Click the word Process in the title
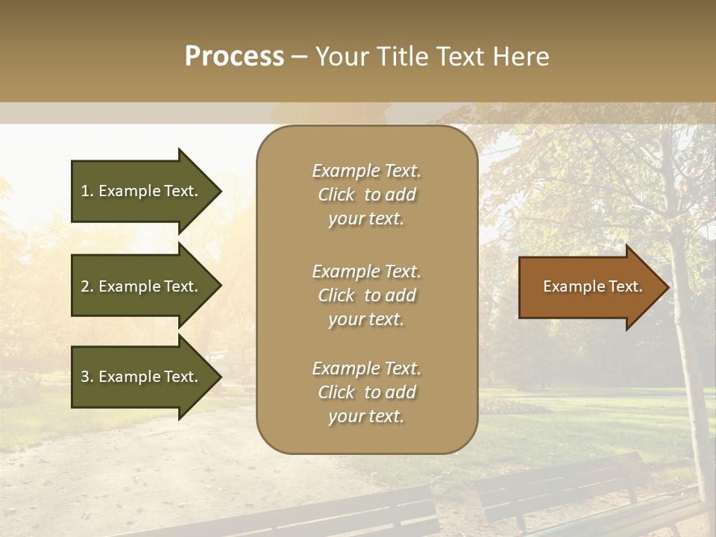coord(234,56)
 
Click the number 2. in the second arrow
coord(87,286)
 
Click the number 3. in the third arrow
coord(87,377)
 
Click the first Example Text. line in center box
coord(366,171)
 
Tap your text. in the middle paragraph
coord(366,319)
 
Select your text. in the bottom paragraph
coord(366,416)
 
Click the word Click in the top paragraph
coord(336,195)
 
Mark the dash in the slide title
coord(299,57)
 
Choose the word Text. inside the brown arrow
coord(624,286)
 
